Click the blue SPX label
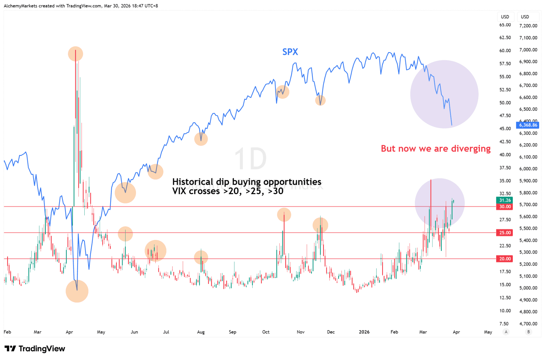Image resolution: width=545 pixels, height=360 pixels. click(290, 52)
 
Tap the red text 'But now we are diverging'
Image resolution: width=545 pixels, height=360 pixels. click(435, 149)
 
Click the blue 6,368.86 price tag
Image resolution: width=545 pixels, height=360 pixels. click(528, 125)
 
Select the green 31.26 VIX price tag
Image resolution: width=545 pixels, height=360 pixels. click(505, 200)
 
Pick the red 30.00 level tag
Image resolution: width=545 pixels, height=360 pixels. click(505, 207)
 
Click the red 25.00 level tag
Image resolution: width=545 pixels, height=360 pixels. click(505, 232)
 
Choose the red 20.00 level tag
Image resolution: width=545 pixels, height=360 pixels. click(505, 259)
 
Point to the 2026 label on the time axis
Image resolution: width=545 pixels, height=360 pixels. click(364, 332)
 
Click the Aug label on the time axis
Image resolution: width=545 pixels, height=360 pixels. click(201, 332)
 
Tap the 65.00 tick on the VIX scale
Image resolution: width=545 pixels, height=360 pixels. click(505, 25)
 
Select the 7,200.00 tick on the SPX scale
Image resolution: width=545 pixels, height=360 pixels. click(528, 26)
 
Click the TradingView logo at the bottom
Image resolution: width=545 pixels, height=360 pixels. click(35, 349)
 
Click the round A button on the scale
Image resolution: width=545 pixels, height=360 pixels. click(506, 332)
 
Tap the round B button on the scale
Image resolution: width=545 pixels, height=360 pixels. click(529, 332)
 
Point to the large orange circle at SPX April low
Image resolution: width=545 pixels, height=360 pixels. click(77, 291)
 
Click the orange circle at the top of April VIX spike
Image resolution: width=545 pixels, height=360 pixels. click(76, 54)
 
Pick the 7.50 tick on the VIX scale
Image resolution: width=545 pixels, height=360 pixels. click(504, 324)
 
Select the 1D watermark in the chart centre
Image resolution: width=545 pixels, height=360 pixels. click(250, 159)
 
